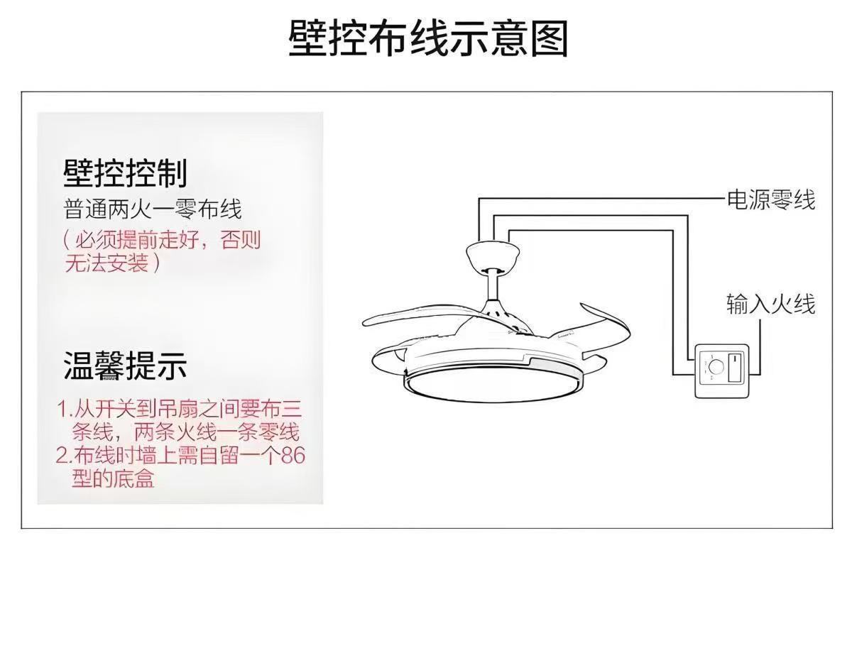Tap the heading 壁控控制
pyautogui.click(x=126, y=173)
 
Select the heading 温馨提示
pyautogui.click(x=126, y=366)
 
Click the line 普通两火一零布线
pyautogui.click(x=153, y=209)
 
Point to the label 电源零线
pyautogui.click(x=770, y=200)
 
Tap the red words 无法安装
pyautogui.click(x=106, y=264)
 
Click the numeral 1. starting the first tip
pyautogui.click(x=65, y=410)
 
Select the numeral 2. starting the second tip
pyautogui.click(x=65, y=455)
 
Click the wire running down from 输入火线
pyautogui.click(x=761, y=348)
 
